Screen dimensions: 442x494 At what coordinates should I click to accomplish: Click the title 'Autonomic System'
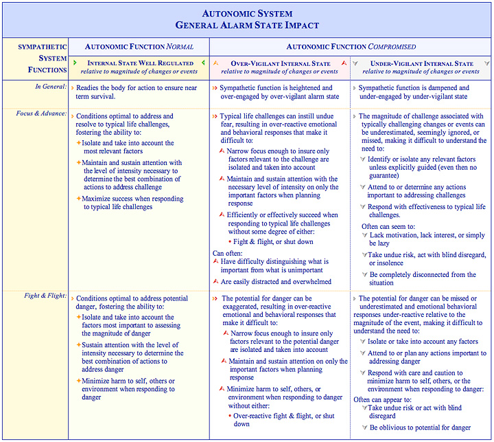point(246,13)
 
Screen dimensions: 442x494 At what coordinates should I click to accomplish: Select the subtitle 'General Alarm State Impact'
point(246,25)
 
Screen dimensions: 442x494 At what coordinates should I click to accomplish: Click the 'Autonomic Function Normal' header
point(139,47)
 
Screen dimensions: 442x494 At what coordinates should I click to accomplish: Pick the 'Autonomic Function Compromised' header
point(351,47)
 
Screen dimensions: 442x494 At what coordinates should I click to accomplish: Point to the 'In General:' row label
point(51,87)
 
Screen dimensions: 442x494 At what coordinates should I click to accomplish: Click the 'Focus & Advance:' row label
point(42,113)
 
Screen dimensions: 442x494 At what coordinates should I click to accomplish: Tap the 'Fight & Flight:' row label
point(45,296)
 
